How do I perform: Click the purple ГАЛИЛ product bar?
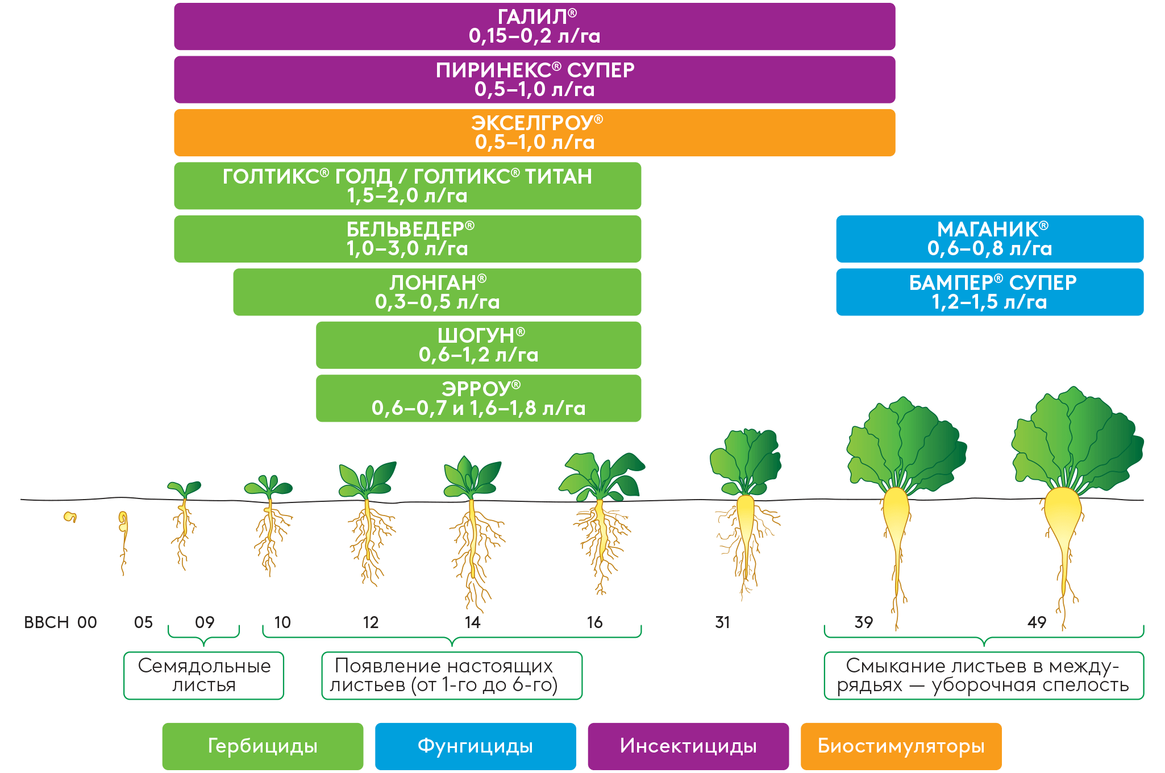pyautogui.click(x=534, y=27)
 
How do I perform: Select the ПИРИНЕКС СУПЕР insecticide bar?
pyautogui.click(x=534, y=80)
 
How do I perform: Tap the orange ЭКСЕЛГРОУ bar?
pyautogui.click(x=534, y=132)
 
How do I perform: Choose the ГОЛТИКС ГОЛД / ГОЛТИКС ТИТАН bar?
pyautogui.click(x=407, y=186)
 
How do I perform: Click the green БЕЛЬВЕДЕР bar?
pyautogui.click(x=407, y=239)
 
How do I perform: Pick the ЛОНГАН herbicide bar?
pyautogui.click(x=437, y=292)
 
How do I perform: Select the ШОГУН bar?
pyautogui.click(x=479, y=345)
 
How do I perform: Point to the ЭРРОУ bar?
pyautogui.click(x=479, y=398)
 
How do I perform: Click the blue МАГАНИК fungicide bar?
pyautogui.click(x=989, y=239)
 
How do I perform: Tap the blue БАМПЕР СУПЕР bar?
pyautogui.click(x=989, y=292)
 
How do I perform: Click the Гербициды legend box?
pyautogui.click(x=263, y=746)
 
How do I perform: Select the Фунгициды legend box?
pyautogui.click(x=475, y=746)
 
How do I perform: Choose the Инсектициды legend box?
pyautogui.click(x=688, y=746)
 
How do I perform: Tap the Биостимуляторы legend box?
pyautogui.click(x=901, y=746)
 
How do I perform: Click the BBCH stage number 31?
pyautogui.click(x=722, y=622)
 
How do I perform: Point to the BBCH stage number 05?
pyautogui.click(x=143, y=622)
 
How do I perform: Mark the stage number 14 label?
pyautogui.click(x=472, y=622)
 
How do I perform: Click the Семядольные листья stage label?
pyautogui.click(x=204, y=675)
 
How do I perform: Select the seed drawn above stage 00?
pyautogui.click(x=70, y=517)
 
